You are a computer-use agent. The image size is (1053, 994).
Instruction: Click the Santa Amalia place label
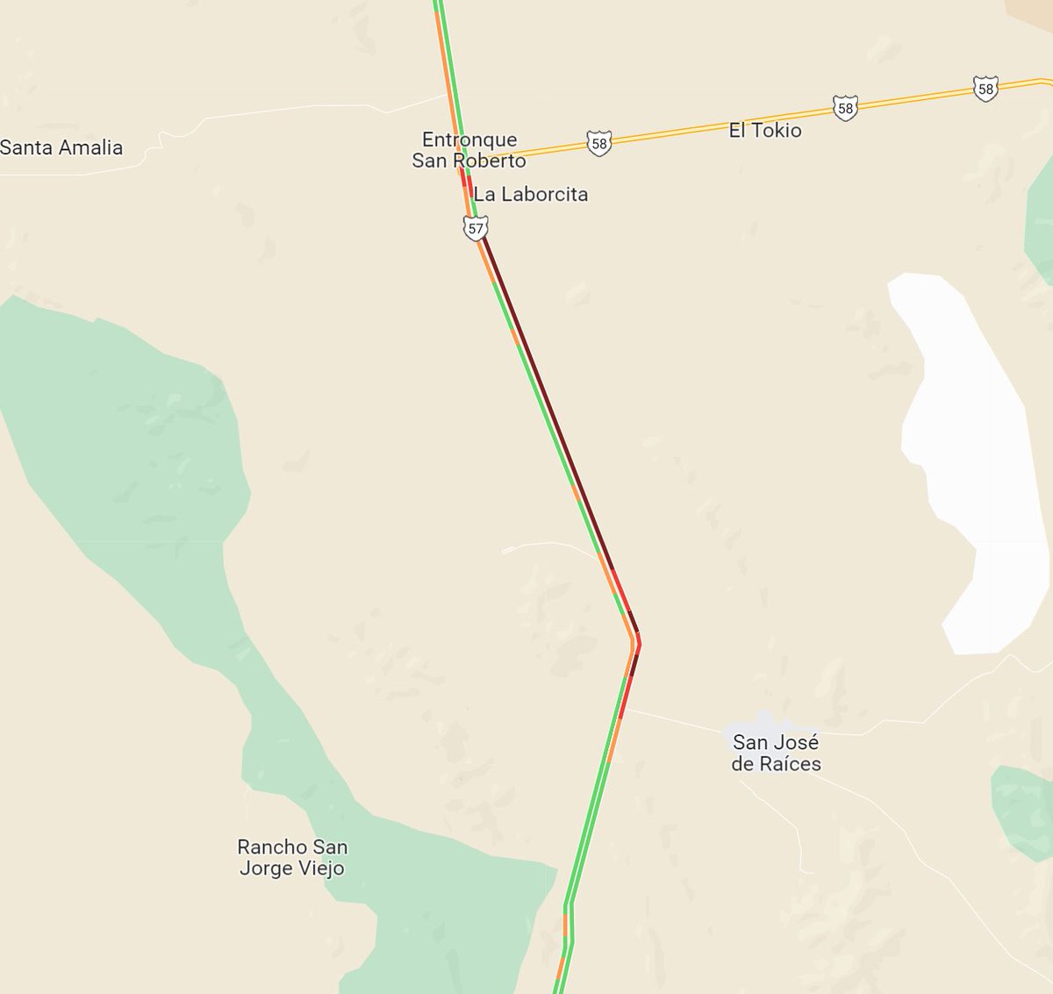pyautogui.click(x=61, y=147)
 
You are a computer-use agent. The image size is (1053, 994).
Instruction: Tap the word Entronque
pyautogui.click(x=469, y=139)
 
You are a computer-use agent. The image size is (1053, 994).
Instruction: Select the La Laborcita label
pyautogui.click(x=531, y=194)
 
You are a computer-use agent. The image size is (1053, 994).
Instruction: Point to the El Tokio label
pyautogui.click(x=765, y=130)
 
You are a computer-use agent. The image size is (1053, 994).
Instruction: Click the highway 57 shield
pyautogui.click(x=476, y=229)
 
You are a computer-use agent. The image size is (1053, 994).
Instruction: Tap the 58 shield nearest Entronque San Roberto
pyautogui.click(x=599, y=143)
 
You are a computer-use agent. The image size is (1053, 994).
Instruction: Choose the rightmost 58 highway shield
pyautogui.click(x=985, y=89)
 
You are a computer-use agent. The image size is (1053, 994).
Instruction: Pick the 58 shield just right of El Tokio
pyautogui.click(x=845, y=108)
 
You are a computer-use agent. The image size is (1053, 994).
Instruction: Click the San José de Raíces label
pyautogui.click(x=777, y=753)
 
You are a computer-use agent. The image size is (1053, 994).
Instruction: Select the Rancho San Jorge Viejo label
pyautogui.click(x=292, y=857)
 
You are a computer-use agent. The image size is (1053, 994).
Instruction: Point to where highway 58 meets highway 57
pyautogui.click(x=462, y=163)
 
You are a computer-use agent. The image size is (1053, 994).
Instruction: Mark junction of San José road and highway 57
pyautogui.click(x=624, y=709)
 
